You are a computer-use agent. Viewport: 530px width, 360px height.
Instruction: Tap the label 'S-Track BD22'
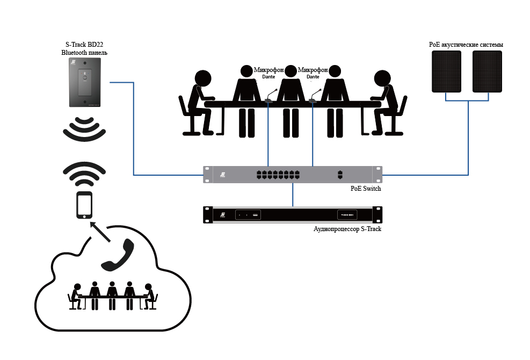(85, 45)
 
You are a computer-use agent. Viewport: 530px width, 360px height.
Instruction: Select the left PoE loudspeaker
(447, 71)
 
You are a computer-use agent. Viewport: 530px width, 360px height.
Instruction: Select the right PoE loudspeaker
(487, 71)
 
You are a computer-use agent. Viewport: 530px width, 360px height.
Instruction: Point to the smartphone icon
(84, 205)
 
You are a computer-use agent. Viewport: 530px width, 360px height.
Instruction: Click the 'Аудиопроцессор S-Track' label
(347, 229)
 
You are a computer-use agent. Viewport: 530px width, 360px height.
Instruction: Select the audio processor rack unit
(293, 215)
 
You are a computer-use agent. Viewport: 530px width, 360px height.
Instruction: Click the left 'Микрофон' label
(269, 70)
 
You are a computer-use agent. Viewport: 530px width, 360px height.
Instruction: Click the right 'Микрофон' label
(313, 70)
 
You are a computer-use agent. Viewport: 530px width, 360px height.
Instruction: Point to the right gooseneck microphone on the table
(314, 96)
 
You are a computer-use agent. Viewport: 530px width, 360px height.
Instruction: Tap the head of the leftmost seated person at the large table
(203, 78)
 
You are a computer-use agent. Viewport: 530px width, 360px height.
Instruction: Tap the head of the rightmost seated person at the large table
(382, 78)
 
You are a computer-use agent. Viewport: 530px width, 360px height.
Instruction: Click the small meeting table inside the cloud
(113, 297)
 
